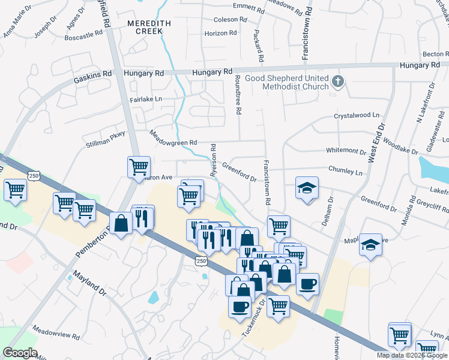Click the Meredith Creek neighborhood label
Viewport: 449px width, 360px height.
pos(145,27)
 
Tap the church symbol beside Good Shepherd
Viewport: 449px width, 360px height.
pos(338,81)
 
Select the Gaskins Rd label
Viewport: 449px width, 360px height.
pos(93,76)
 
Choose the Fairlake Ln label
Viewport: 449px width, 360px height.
pos(146,99)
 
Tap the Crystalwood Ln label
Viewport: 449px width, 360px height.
pos(357,115)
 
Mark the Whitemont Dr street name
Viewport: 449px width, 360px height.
pos(346,151)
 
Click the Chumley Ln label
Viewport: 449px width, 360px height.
pos(346,172)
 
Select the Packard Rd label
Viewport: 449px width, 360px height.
pos(260,45)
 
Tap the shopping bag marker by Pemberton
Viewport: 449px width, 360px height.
pos(121,223)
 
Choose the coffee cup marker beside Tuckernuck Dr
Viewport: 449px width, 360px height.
pos(240,307)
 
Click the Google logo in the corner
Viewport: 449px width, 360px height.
pos(20,353)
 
